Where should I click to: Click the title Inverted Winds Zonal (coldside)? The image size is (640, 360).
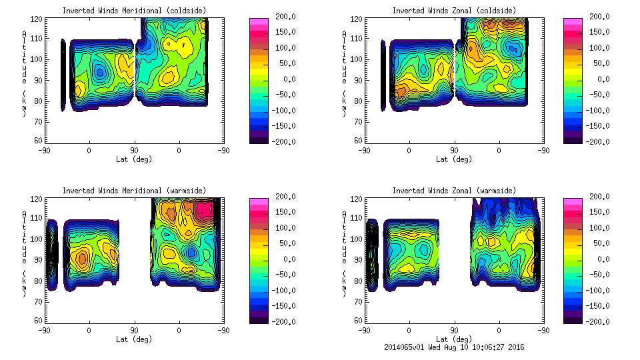pos(454,11)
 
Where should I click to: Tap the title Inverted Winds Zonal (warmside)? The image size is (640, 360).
pos(454,191)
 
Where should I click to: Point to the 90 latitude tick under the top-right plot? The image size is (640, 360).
pos(454,151)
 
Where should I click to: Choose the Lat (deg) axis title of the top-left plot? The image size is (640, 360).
pos(135,159)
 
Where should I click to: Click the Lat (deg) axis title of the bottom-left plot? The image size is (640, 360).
pos(135,339)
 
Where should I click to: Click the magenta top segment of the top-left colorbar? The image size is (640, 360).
pos(258,23)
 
